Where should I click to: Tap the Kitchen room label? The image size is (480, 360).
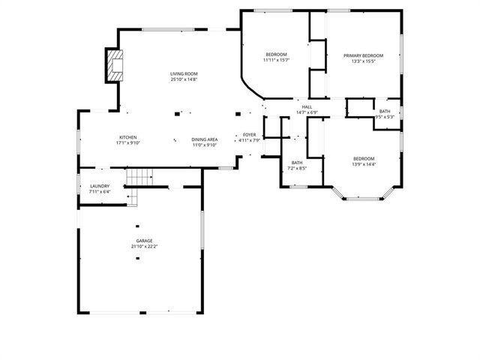pyautogui.click(x=128, y=137)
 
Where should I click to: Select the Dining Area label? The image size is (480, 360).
pyautogui.click(x=204, y=139)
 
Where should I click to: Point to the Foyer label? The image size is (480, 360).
pyautogui.click(x=249, y=134)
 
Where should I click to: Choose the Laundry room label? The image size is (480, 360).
pyautogui.click(x=100, y=187)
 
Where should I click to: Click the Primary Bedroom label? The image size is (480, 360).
pyautogui.click(x=363, y=55)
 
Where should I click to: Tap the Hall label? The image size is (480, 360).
pyautogui.click(x=307, y=107)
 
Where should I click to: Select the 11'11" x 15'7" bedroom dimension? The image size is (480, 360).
pyautogui.click(x=276, y=61)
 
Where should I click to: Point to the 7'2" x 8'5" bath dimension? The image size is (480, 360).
pyautogui.click(x=297, y=169)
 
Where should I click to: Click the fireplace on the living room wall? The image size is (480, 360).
pyautogui.click(x=113, y=67)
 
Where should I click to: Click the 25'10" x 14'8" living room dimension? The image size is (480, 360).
pyautogui.click(x=183, y=79)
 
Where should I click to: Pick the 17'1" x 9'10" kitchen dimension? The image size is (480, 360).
pyautogui.click(x=128, y=143)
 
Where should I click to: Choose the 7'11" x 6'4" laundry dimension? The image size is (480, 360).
pyautogui.click(x=100, y=193)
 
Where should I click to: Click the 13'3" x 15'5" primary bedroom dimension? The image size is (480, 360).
pyautogui.click(x=363, y=61)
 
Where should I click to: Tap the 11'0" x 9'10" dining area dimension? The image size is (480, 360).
pyautogui.click(x=204, y=145)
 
